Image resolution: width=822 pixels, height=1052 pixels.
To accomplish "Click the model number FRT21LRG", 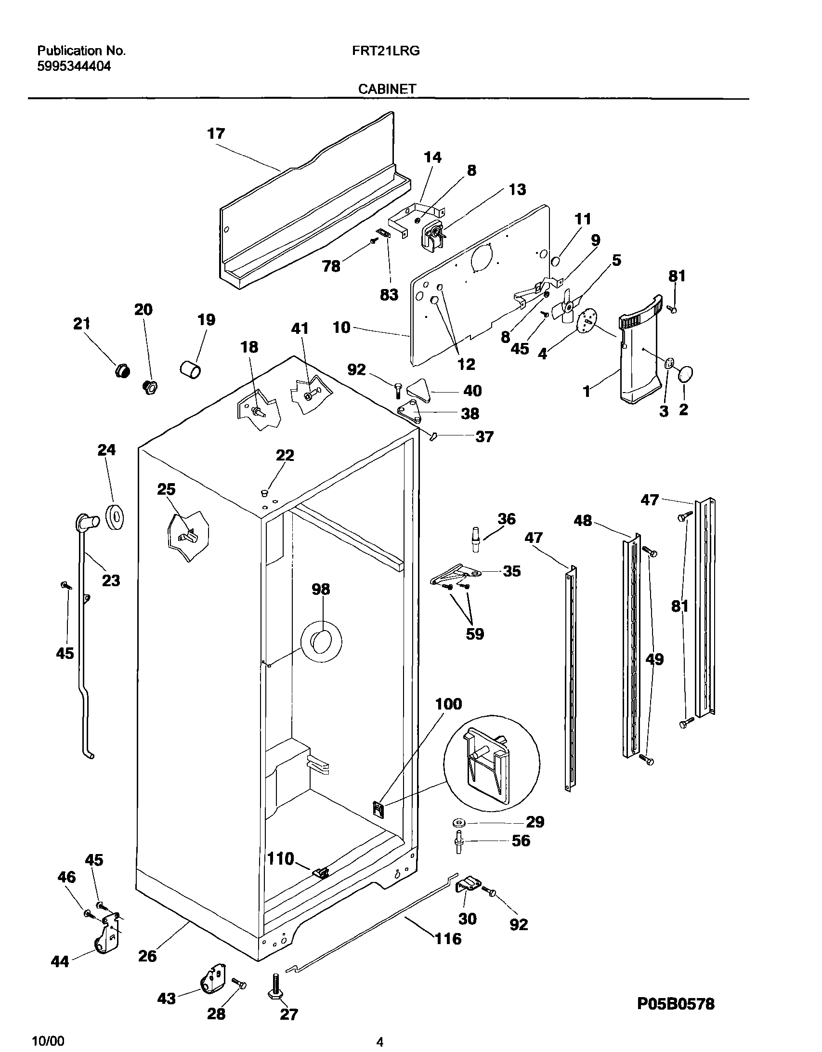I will coord(386,51).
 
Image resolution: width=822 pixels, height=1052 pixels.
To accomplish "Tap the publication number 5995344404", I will coord(74,66).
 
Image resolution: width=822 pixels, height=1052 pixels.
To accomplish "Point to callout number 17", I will coord(216,133).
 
